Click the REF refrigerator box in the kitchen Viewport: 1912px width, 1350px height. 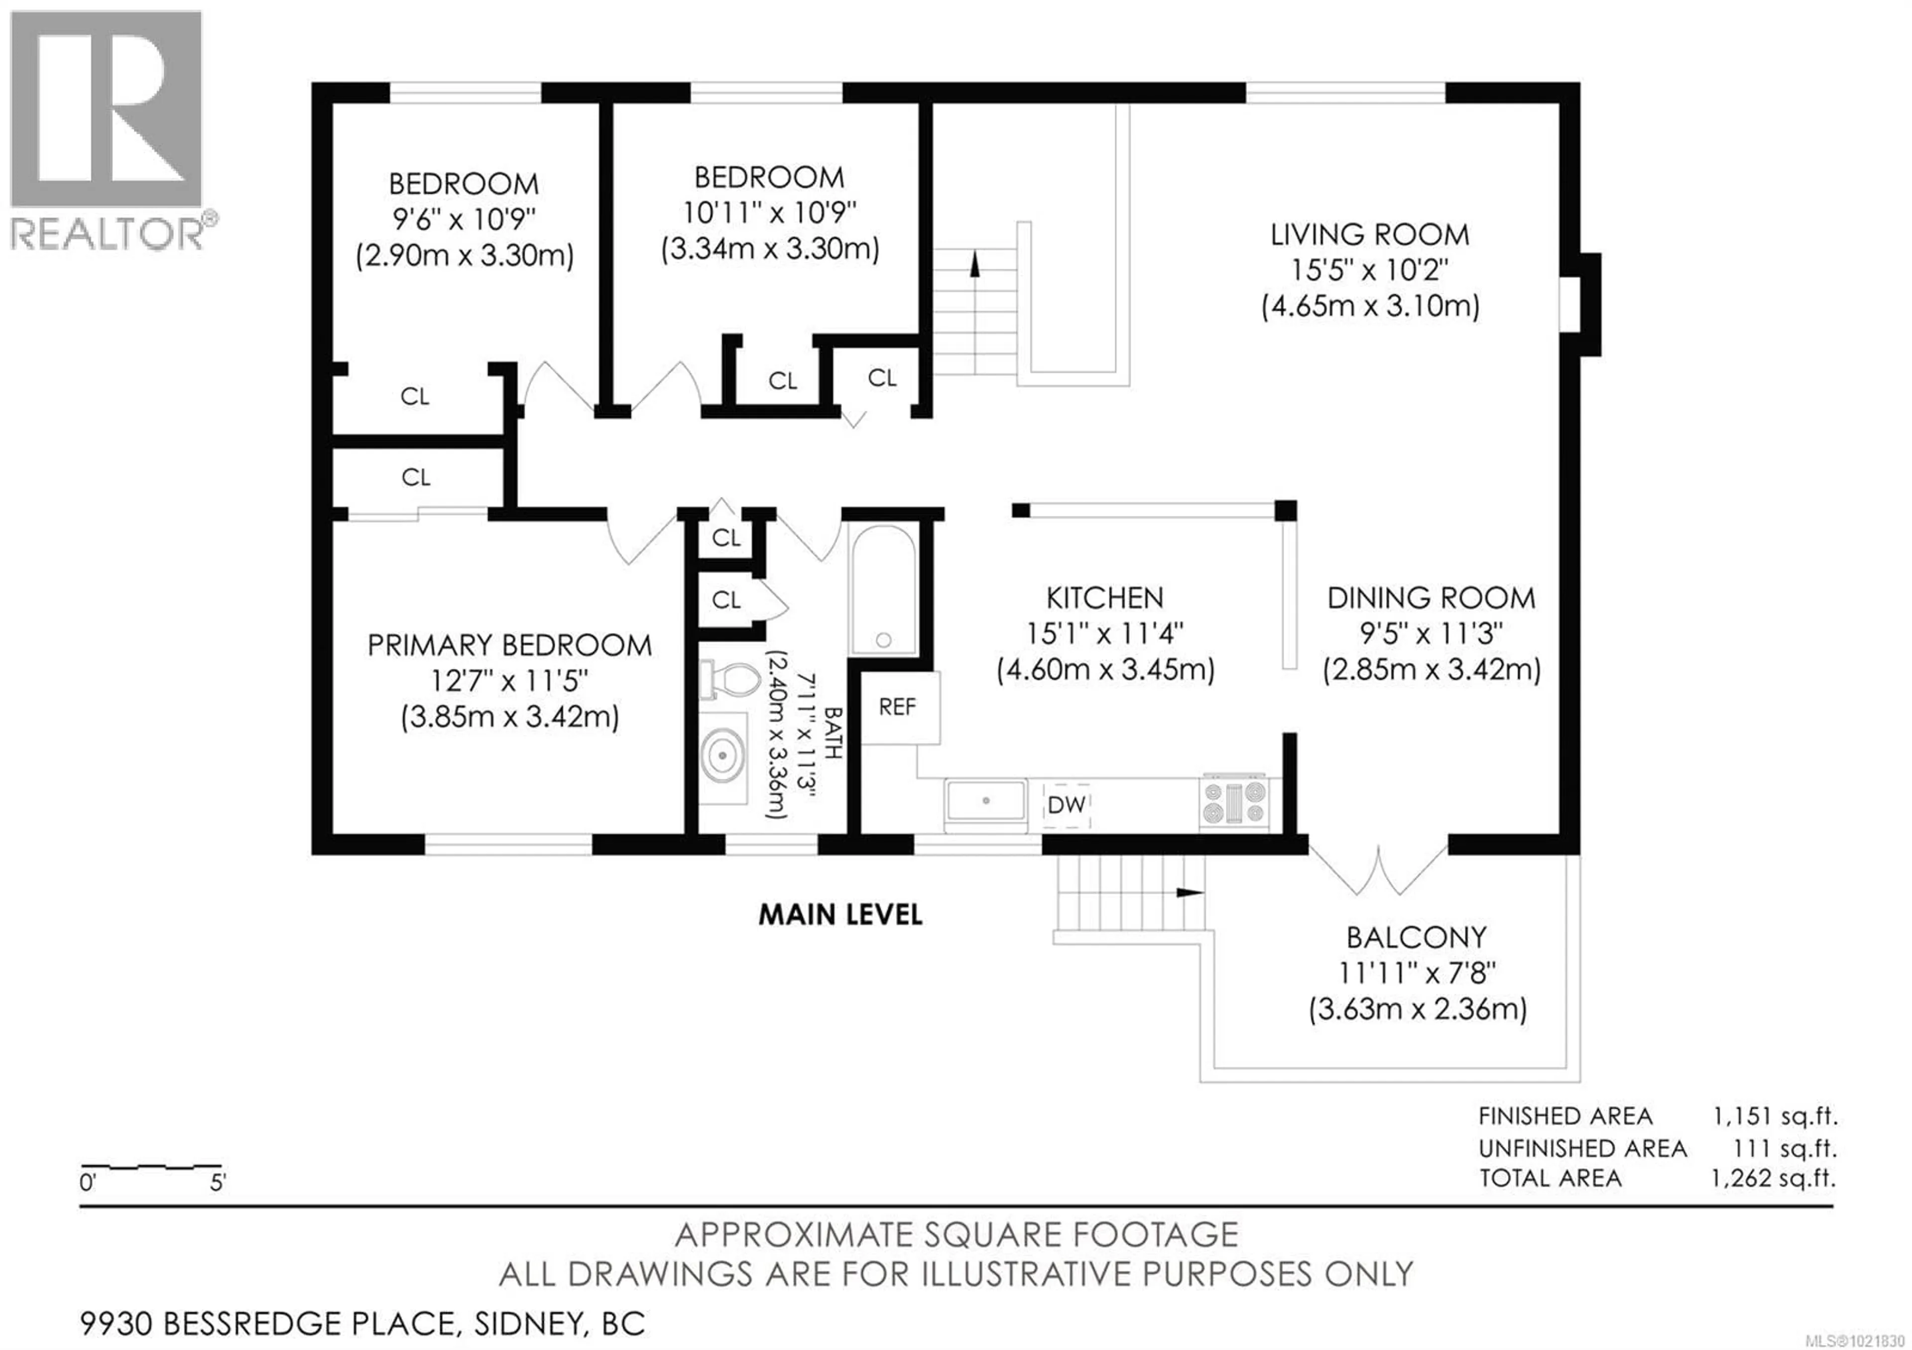pos(899,707)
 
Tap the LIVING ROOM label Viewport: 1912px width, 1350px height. pos(1370,235)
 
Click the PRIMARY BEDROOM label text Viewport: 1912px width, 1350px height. pos(510,645)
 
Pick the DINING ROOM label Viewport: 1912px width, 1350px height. pos(1431,598)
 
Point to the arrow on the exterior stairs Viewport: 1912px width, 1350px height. pos(1189,892)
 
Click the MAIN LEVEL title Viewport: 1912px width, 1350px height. pos(840,915)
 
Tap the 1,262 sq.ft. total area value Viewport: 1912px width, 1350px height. pos(1774,1179)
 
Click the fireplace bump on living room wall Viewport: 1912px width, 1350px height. pos(1580,305)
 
